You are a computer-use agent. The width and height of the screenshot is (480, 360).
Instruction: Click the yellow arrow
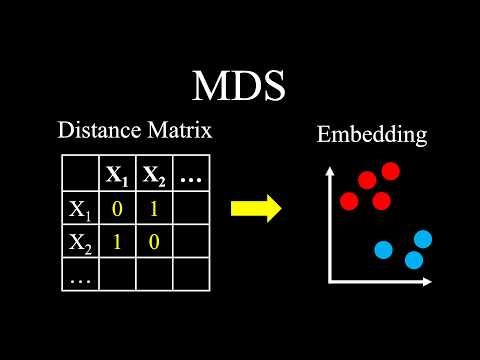coord(255,208)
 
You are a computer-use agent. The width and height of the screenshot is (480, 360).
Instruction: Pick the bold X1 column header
coord(118,177)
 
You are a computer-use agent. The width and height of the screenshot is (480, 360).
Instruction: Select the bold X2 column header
coord(153,177)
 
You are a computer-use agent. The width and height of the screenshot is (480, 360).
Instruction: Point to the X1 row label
coord(80,210)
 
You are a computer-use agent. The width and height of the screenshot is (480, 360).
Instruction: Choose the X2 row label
coord(80,241)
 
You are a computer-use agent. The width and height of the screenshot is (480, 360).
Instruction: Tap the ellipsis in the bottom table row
coord(78,274)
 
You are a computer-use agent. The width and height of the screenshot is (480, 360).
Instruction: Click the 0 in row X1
coord(118,210)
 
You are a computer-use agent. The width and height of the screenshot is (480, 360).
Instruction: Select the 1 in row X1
coord(153,210)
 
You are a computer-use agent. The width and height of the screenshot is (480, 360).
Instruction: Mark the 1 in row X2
coord(118,241)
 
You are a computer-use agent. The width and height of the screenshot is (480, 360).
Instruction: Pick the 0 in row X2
coord(153,241)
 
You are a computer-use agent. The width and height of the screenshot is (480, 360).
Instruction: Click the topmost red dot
coord(390,171)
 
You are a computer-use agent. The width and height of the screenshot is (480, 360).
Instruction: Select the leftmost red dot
coord(349,201)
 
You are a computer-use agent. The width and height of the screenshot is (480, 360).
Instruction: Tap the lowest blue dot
coord(413,260)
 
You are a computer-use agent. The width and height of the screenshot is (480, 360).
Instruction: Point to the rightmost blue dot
coord(423,239)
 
